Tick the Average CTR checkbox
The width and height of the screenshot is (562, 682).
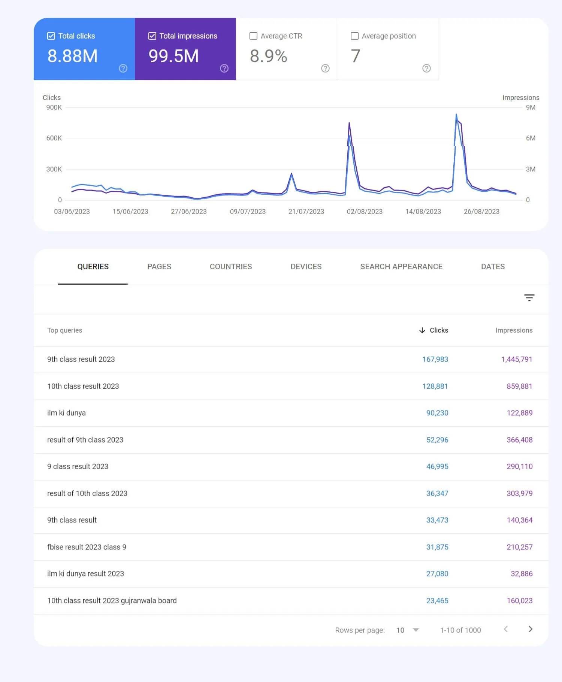(253, 36)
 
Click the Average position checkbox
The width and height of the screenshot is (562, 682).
(354, 36)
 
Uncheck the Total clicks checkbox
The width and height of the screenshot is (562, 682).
(51, 36)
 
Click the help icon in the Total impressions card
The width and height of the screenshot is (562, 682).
(224, 68)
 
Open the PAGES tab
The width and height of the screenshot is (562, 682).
(159, 267)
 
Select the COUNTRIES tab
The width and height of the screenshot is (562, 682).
(231, 267)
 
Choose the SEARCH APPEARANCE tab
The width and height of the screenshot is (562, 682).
(401, 267)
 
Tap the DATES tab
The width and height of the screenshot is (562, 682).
(493, 267)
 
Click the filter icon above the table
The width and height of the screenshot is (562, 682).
(529, 298)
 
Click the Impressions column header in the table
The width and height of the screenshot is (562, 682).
(514, 330)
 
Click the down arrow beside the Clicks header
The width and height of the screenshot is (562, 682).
(422, 330)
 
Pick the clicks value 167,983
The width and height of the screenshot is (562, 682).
(435, 360)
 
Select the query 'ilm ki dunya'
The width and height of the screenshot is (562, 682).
(66, 413)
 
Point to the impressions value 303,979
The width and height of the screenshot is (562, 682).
(519, 494)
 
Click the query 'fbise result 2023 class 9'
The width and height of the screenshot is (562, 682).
(87, 547)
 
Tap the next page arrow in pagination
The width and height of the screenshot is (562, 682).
(530, 629)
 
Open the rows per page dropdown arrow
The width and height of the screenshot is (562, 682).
(416, 630)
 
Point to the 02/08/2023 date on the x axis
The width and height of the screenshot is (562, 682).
(365, 212)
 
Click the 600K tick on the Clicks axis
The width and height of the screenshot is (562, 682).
(54, 138)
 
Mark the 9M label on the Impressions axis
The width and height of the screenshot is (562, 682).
(531, 107)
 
